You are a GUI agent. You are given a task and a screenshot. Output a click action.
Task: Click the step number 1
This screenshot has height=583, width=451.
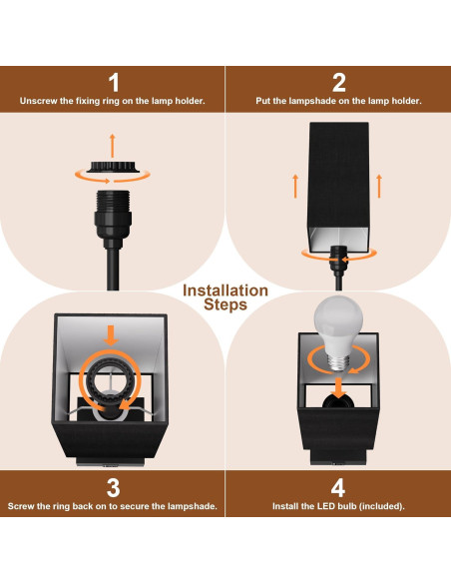tap(113, 83)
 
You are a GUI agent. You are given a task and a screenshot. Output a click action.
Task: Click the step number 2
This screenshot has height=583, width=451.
tap(338, 83)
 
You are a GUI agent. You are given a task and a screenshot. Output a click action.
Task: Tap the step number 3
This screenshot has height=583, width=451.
tap(113, 487)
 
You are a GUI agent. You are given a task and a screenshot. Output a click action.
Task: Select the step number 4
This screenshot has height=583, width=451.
tap(338, 487)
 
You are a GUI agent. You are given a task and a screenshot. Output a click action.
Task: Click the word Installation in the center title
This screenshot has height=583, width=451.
tap(225, 291)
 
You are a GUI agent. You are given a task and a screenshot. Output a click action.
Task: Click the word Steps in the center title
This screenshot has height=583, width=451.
tap(225, 305)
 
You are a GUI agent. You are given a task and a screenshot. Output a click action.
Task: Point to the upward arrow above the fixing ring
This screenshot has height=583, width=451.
tap(112, 142)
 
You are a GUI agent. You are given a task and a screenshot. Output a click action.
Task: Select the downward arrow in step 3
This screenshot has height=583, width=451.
tap(112, 331)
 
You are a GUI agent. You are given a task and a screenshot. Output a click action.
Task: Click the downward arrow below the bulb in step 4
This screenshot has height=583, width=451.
tap(338, 385)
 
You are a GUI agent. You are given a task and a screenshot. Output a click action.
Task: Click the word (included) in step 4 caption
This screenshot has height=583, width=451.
tap(380, 506)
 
